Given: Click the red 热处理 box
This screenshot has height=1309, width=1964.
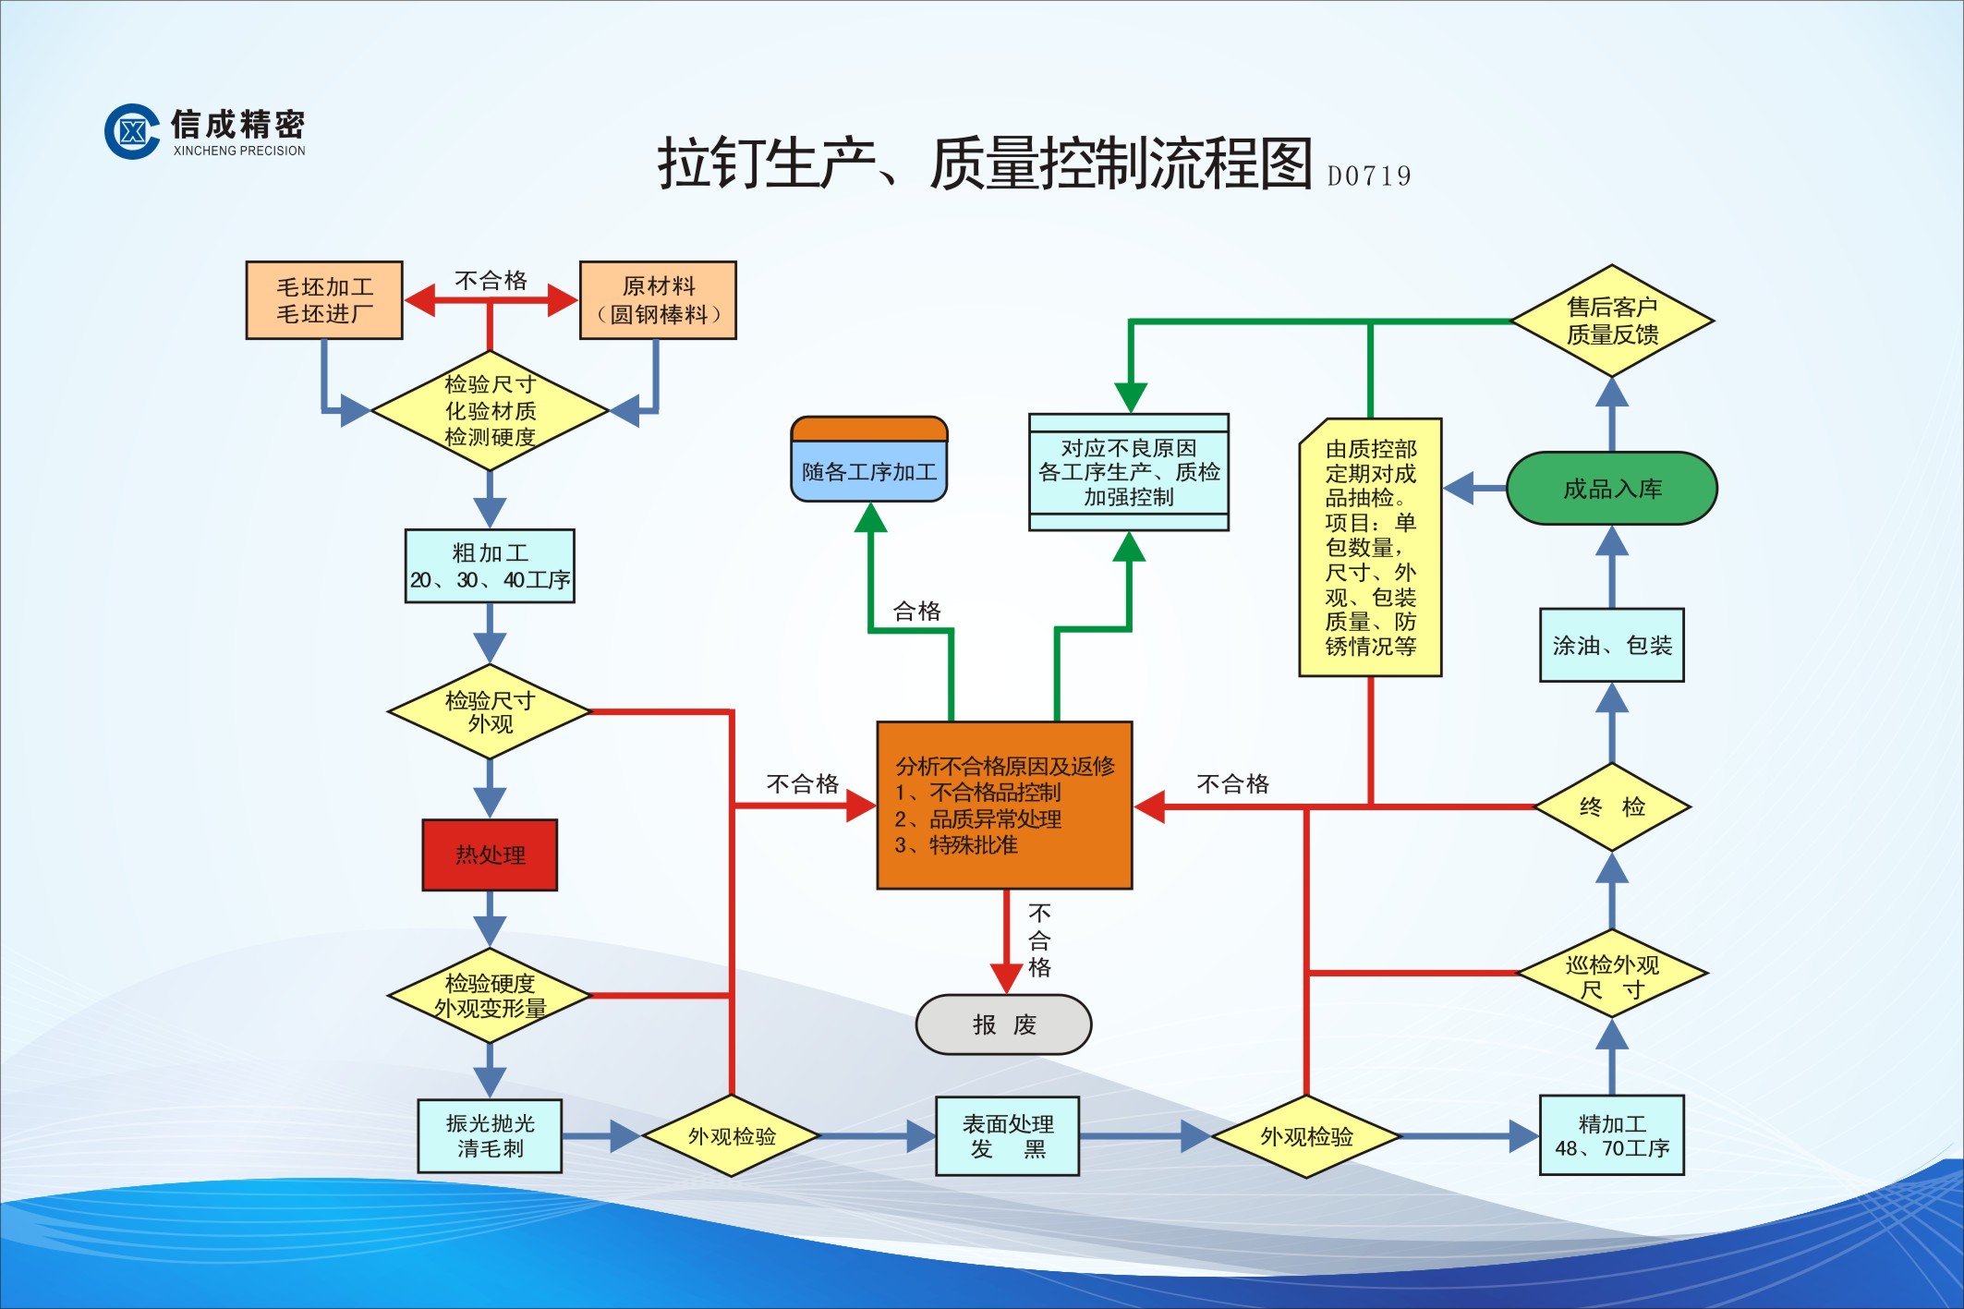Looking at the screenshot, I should click(x=490, y=854).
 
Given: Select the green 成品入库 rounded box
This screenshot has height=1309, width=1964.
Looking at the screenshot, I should click(x=1611, y=488).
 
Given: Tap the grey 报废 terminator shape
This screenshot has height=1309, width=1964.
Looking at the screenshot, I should click(x=1003, y=1024).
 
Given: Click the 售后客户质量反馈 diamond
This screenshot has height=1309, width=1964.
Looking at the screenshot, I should click(x=1611, y=321).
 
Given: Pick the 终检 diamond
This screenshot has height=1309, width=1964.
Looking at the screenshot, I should click(x=1611, y=806).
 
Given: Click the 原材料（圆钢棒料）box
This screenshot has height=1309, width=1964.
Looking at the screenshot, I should click(x=658, y=300).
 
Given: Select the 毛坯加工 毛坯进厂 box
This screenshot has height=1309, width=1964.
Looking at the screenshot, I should click(x=324, y=300).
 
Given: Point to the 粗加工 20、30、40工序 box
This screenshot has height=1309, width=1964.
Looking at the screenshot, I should click(x=490, y=565).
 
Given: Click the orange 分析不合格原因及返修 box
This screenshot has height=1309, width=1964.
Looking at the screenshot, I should click(x=1004, y=805).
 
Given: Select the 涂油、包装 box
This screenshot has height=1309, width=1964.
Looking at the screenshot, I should click(x=1611, y=645).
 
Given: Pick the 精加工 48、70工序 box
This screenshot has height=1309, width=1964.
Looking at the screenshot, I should click(x=1611, y=1135).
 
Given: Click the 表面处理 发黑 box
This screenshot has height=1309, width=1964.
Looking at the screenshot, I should click(x=1007, y=1135).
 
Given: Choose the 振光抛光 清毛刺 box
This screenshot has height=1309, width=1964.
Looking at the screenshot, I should click(x=490, y=1135).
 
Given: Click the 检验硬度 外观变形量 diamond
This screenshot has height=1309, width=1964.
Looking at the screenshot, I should click(x=490, y=996).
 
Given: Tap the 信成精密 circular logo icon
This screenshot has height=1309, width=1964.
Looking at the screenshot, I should click(x=131, y=131).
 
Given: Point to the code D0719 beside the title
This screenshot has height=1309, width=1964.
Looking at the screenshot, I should click(x=1368, y=176).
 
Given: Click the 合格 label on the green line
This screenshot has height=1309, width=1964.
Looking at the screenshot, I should click(x=916, y=611).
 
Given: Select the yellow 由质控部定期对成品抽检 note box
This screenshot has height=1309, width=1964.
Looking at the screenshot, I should click(x=1370, y=547).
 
